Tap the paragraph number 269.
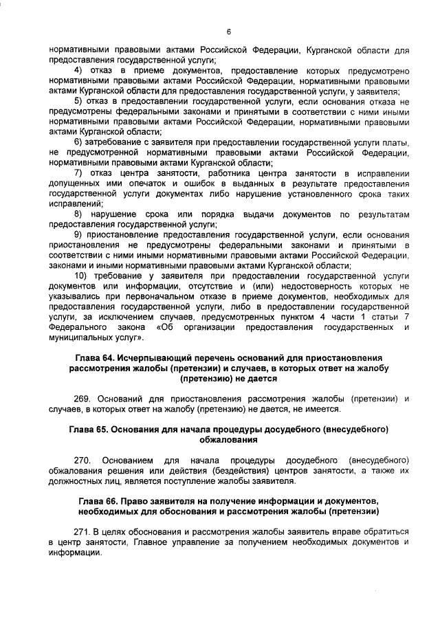tap(82, 399)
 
